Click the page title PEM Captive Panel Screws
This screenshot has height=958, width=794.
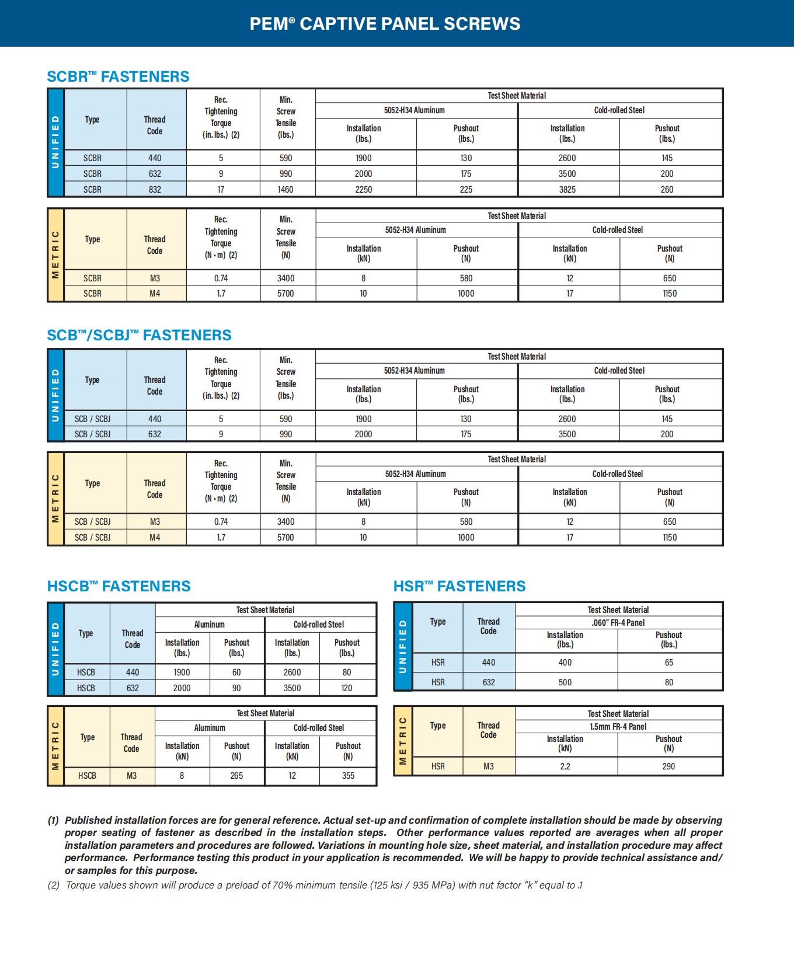click(385, 23)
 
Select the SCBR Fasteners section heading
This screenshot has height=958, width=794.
click(118, 76)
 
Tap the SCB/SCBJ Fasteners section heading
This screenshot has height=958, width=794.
click(139, 335)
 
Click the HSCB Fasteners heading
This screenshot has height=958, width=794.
click(119, 586)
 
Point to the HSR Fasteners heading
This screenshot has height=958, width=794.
click(459, 586)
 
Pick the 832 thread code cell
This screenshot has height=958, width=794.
click(155, 189)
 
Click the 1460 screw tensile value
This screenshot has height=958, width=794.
click(285, 189)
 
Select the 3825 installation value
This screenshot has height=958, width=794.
click(567, 189)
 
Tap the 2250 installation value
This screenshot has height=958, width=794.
click(363, 189)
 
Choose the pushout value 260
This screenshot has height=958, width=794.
click(667, 189)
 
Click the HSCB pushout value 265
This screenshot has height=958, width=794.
click(236, 775)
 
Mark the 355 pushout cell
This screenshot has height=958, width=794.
click(348, 775)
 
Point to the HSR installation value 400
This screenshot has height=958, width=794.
click(565, 663)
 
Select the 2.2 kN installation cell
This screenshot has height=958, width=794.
click(565, 766)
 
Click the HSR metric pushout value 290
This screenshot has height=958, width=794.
click(668, 766)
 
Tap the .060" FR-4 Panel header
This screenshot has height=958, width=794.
click(618, 622)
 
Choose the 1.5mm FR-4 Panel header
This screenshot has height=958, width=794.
click(618, 726)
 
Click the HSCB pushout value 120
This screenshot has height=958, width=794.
click(347, 688)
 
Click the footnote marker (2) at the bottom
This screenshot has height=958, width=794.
click(53, 885)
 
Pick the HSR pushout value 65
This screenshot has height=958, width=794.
click(668, 663)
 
